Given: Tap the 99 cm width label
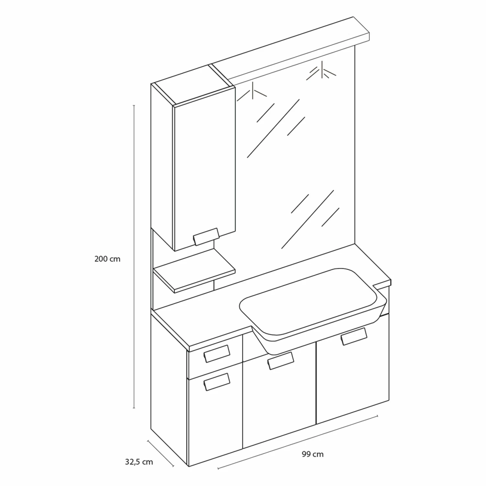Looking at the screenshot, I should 313,454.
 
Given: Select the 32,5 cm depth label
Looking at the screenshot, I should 139,462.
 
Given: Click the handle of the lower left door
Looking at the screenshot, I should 216,382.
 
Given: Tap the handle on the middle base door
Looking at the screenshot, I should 281,360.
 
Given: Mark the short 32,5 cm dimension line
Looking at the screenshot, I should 160,453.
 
